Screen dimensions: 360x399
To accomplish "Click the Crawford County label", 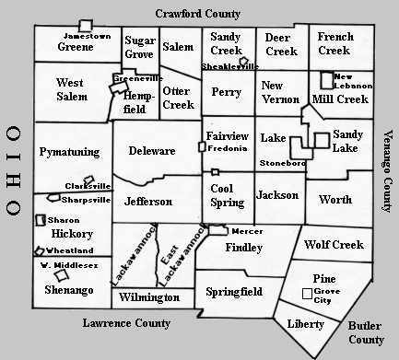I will click(x=197, y=14).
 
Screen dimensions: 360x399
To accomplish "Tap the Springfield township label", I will click(x=235, y=291).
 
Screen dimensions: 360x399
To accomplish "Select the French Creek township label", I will click(x=335, y=43).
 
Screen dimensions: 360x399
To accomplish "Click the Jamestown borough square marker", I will click(x=86, y=25).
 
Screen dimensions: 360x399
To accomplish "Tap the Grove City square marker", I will click(x=307, y=294).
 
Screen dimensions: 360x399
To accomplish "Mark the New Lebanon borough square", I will click(x=325, y=79).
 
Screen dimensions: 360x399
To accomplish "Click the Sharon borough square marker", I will click(x=41, y=220).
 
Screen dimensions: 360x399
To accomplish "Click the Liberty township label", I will click(x=306, y=324).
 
